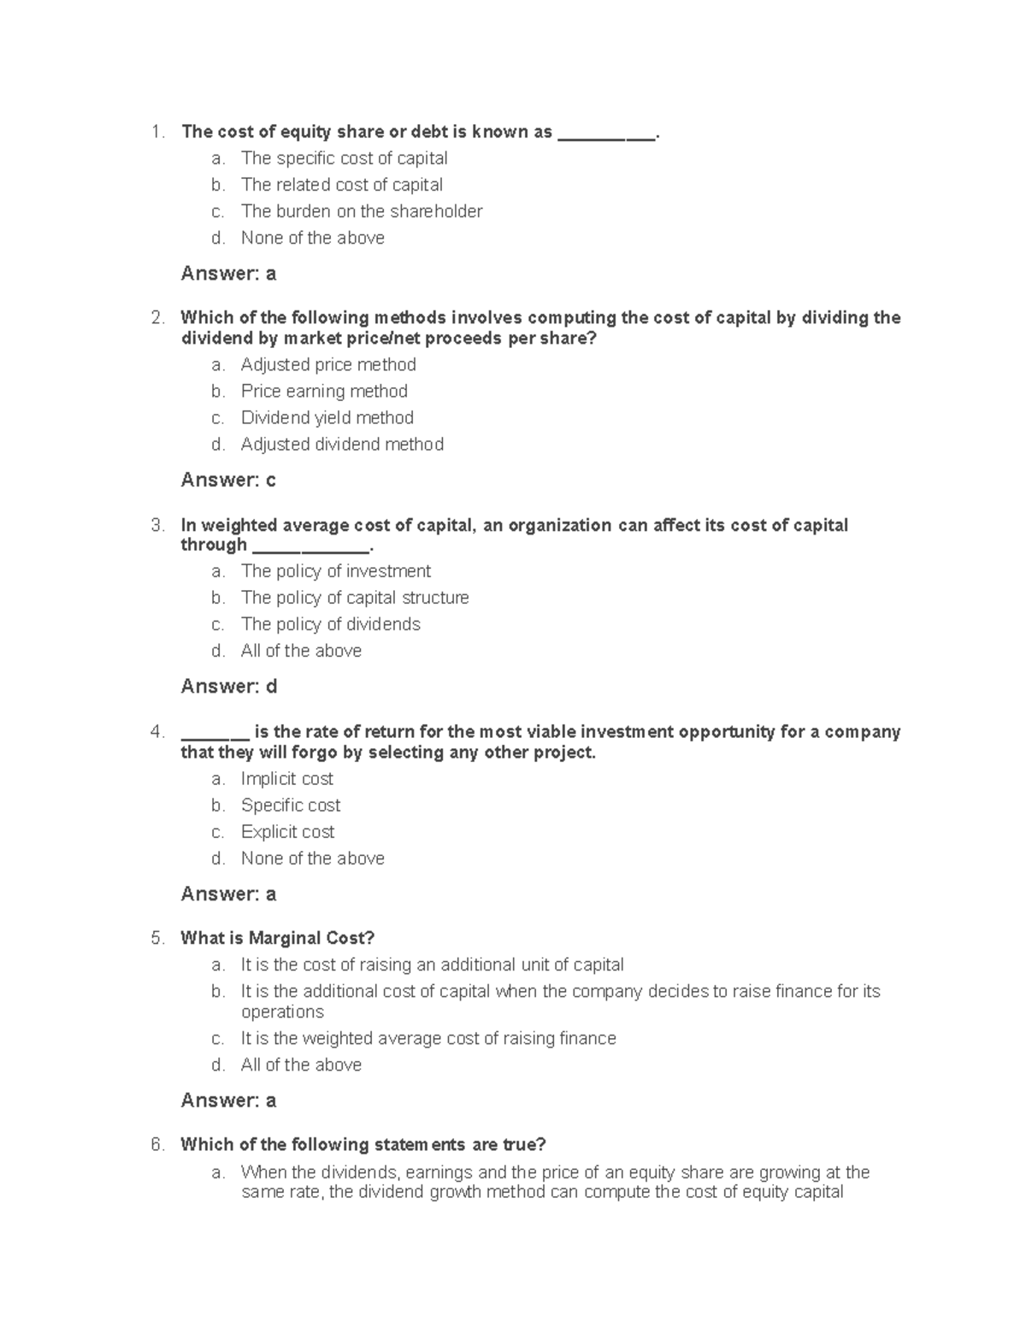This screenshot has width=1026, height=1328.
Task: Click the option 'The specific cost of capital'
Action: [344, 158]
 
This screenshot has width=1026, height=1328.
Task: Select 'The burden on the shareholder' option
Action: [361, 211]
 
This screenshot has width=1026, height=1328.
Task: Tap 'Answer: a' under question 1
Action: [228, 274]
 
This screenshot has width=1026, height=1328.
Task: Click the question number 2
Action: [156, 318]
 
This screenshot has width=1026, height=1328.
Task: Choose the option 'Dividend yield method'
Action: [327, 417]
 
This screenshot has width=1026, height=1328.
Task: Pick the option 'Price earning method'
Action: [324, 391]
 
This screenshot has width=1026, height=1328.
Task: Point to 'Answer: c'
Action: [228, 480]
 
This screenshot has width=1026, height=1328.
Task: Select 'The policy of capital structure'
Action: [355, 598]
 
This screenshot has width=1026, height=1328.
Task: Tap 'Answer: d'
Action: [228, 687]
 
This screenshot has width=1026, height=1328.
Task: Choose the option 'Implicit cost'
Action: [286, 779]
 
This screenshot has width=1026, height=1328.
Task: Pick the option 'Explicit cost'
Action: [287, 832]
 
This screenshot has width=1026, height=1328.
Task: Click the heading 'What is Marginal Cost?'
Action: [277, 938]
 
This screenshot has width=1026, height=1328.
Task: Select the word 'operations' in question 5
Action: [282, 1012]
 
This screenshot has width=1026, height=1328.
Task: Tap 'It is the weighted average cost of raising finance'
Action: [427, 1038]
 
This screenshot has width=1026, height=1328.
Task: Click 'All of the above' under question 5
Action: [301, 1065]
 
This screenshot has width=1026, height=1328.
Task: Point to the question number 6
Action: [156, 1145]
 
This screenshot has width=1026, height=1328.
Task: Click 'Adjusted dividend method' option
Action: [342, 444]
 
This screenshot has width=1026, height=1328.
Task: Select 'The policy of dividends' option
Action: [330, 624]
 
